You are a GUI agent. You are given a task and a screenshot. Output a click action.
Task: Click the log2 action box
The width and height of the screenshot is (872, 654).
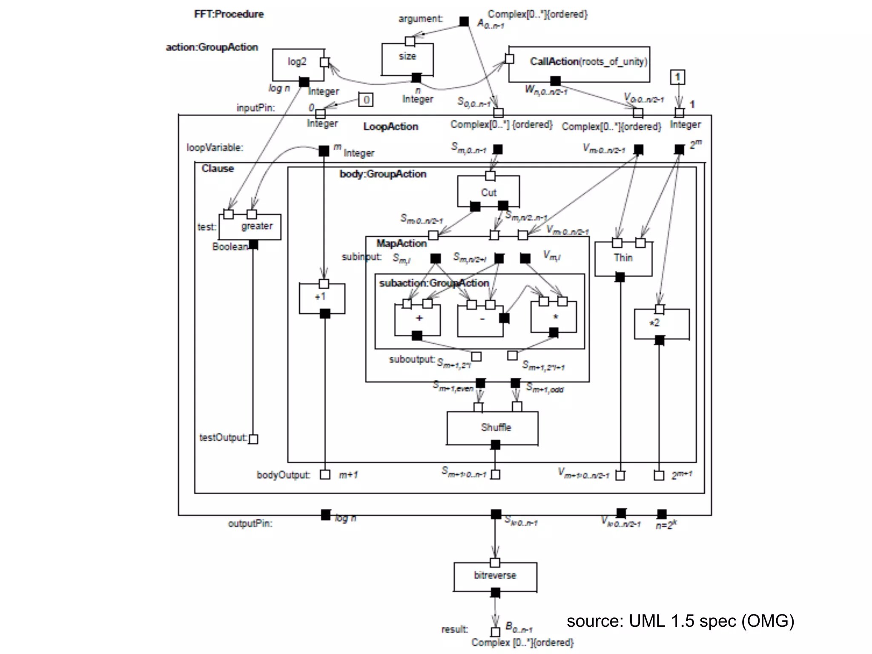point(298,65)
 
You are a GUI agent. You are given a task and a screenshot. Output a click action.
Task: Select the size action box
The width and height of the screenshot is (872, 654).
point(407,59)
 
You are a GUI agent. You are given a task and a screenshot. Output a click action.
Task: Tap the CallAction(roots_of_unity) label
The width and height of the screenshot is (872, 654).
point(588,62)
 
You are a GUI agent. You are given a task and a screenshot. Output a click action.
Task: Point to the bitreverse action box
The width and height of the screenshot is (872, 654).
point(495,576)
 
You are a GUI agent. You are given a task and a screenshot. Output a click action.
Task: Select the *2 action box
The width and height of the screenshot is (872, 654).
point(661,324)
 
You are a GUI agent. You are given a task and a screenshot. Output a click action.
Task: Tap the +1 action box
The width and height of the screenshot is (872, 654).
point(322,298)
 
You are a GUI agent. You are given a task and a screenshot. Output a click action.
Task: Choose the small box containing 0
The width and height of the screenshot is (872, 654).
point(366,100)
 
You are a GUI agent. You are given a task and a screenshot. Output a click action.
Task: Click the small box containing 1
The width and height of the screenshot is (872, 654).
point(677,77)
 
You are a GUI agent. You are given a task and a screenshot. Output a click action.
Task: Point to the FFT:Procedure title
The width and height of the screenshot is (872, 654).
point(229,14)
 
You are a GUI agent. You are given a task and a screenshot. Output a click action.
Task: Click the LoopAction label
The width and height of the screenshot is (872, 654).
point(390,126)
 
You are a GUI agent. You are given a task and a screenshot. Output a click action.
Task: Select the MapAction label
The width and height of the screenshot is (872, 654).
point(402,243)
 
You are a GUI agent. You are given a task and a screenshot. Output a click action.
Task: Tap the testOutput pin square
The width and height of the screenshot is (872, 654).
point(253,439)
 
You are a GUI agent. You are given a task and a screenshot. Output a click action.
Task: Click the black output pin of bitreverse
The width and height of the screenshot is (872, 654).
point(495,593)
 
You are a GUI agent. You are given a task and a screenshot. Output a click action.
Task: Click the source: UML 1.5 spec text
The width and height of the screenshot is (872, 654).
point(680,621)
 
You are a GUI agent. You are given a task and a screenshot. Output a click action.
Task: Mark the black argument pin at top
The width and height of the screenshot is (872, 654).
point(464,21)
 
